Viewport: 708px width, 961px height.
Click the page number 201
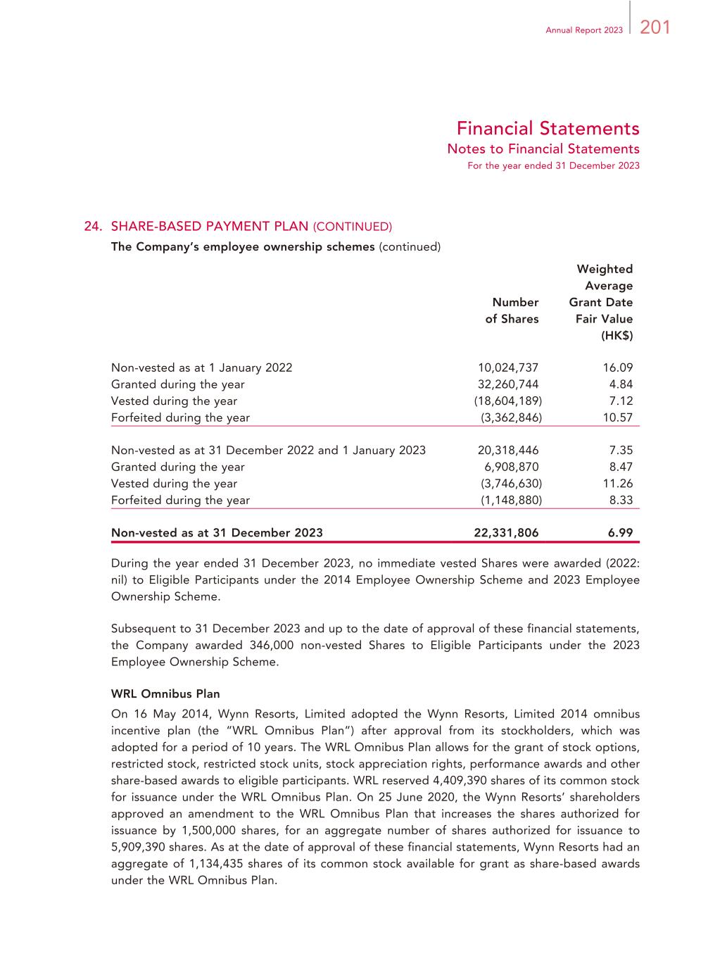655,27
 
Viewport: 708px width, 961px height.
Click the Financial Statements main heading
548,129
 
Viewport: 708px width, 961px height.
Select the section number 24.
93,227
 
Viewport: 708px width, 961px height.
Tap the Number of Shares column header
512,310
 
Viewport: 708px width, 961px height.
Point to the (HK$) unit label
617,336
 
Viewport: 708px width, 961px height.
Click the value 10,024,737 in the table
508,368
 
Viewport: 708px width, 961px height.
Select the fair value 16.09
618,368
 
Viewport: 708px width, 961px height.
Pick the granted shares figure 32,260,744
508,384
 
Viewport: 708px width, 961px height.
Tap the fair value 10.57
618,417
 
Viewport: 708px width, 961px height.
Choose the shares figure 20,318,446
508,451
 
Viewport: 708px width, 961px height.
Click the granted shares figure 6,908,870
511,467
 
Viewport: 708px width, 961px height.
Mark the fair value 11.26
618,484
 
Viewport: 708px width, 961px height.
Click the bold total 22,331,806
506,533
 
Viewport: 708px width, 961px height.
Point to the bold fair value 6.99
621,533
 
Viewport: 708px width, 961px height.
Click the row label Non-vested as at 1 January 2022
201,368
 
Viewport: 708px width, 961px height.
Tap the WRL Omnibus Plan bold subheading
165,694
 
